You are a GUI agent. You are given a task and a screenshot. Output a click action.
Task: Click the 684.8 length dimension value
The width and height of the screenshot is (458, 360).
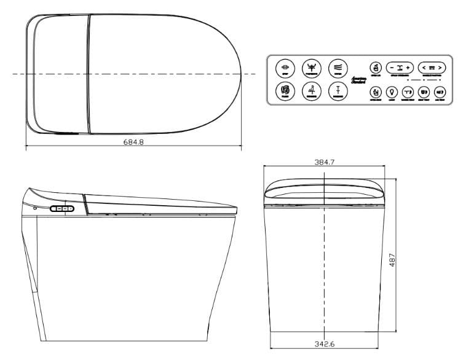(133, 142)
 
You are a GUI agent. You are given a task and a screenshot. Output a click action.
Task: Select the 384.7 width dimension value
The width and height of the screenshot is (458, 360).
(324, 162)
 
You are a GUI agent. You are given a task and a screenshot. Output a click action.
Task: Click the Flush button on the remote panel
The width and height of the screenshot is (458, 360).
(285, 92)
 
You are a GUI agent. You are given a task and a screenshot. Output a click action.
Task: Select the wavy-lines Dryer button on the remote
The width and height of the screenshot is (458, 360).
(338, 68)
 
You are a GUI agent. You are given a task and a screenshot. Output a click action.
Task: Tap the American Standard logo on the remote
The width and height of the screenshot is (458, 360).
(358, 80)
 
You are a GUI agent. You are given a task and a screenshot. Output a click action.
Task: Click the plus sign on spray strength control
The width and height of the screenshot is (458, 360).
(408, 67)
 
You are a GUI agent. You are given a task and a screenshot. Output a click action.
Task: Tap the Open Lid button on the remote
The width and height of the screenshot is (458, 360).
(375, 67)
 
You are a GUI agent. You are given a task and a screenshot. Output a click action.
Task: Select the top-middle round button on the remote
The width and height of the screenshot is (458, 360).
(312, 68)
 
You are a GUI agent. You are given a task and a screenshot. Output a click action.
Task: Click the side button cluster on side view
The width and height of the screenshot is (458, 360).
(62, 209)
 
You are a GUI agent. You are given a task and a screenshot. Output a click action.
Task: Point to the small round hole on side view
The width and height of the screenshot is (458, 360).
(35, 208)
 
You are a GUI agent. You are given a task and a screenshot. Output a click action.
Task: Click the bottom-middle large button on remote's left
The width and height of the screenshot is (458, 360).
(312, 92)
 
